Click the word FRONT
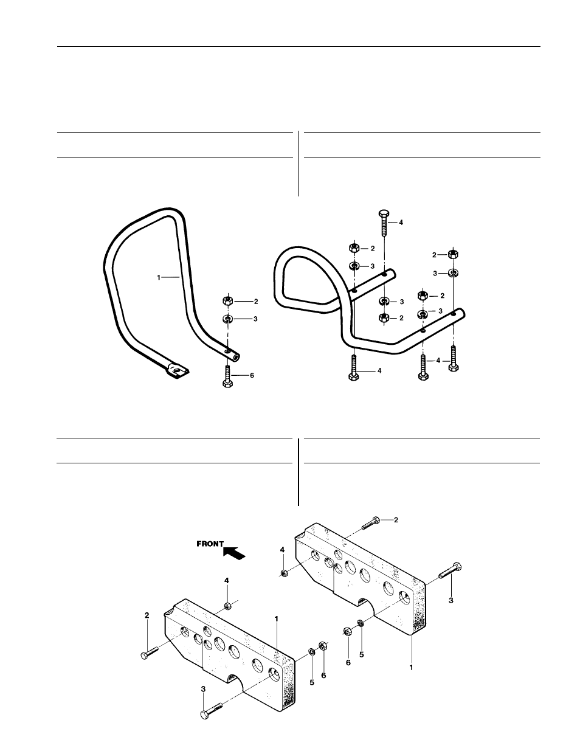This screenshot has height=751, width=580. click(x=210, y=544)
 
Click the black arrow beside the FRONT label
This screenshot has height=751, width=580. click(x=235, y=552)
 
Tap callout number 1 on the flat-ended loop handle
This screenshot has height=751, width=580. click(x=159, y=277)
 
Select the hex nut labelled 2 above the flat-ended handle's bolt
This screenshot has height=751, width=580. click(x=227, y=300)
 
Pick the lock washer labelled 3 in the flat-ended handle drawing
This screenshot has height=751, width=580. click(x=227, y=319)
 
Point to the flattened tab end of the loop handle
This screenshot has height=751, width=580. click(x=176, y=370)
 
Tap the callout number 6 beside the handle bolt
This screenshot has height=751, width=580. click(x=252, y=376)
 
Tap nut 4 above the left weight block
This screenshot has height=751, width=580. click(x=227, y=606)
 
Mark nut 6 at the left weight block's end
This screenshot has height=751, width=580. click(x=323, y=646)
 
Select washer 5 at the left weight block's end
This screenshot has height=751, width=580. click(x=311, y=651)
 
